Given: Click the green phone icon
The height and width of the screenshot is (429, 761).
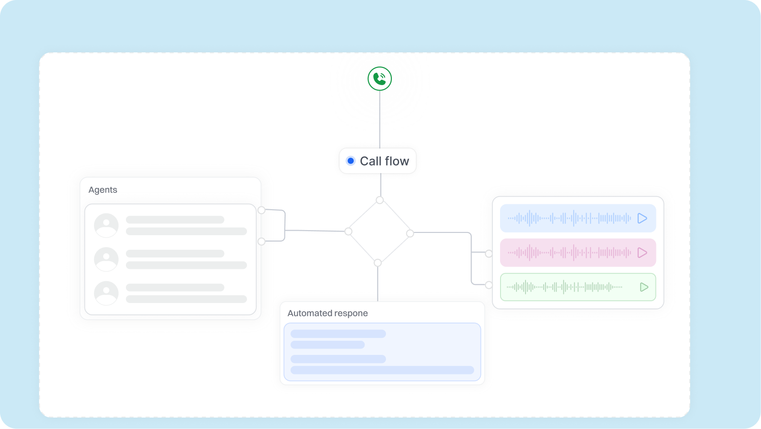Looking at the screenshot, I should pyautogui.click(x=380, y=79).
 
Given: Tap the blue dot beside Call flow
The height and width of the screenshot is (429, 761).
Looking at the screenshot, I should pyautogui.click(x=350, y=161).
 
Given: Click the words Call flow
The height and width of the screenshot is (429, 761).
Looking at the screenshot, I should pyautogui.click(x=384, y=161).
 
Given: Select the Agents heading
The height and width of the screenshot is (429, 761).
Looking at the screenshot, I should pyautogui.click(x=103, y=190).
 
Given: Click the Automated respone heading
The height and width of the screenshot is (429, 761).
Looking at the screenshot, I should pyautogui.click(x=327, y=313).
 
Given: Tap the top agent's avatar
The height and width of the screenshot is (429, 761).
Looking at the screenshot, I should pyautogui.click(x=106, y=225).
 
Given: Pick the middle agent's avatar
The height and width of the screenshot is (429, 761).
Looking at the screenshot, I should pyautogui.click(x=106, y=259).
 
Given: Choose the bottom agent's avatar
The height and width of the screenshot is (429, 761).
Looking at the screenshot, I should pyautogui.click(x=106, y=293).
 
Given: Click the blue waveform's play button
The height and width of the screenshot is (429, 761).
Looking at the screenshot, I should pyautogui.click(x=642, y=218).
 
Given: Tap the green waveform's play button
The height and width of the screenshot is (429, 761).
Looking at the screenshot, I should pyautogui.click(x=644, y=287).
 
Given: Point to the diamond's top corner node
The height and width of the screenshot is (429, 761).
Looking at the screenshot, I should pyautogui.click(x=380, y=200).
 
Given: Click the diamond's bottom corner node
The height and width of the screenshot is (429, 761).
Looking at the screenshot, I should pyautogui.click(x=378, y=262).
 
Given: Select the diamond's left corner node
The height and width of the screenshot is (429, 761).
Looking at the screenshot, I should pyautogui.click(x=348, y=232).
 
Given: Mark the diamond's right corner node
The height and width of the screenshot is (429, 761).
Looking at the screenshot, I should pyautogui.click(x=410, y=233).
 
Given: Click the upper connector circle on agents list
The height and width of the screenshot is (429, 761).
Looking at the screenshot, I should pyautogui.click(x=261, y=210).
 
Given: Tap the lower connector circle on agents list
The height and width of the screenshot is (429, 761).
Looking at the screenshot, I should pyautogui.click(x=261, y=242).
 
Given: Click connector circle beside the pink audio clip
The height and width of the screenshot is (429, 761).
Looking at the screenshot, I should pyautogui.click(x=489, y=253).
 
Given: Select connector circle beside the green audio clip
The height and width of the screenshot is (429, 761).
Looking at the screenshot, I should pyautogui.click(x=489, y=285).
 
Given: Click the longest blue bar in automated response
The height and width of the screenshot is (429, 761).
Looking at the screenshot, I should pyautogui.click(x=382, y=370).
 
